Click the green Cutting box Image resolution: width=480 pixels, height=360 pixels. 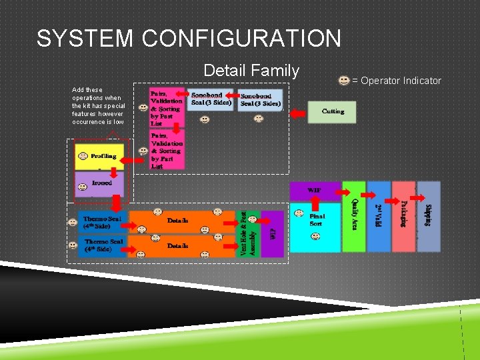coord(331,112)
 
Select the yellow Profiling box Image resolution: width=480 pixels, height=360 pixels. coord(99,157)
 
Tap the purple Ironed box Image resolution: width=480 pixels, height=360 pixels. coord(99,184)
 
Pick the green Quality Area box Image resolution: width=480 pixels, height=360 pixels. coord(353,217)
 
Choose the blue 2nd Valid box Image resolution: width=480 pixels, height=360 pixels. coord(379,217)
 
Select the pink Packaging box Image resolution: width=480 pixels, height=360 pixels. coord(403,217)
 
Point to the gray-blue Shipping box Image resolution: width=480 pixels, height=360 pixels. coord(429,217)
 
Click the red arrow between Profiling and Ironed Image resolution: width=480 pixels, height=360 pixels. coord(99,170)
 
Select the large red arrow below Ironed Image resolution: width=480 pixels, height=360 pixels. coord(116,202)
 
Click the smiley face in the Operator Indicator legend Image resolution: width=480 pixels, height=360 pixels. coord(344,81)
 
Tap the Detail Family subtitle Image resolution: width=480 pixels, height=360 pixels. coord(251,71)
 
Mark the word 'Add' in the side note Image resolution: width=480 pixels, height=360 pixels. coord(78,90)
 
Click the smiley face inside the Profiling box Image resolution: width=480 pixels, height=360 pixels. coord(82,157)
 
